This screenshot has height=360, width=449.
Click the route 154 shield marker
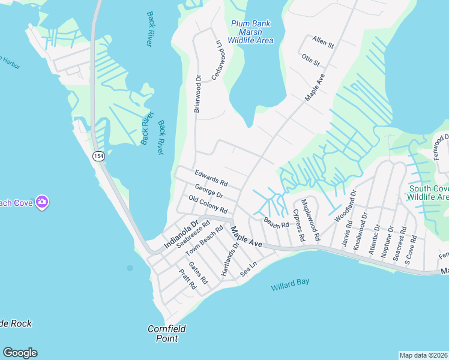point(97,156)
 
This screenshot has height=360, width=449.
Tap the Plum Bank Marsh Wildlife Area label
point(251,32)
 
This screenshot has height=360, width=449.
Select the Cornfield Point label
point(167,333)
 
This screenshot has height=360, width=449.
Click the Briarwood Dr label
point(197,94)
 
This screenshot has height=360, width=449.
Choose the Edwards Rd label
point(211,178)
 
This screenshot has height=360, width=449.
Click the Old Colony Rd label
point(208,205)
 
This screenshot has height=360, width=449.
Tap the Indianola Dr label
point(181,235)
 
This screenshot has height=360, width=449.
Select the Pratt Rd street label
point(188,280)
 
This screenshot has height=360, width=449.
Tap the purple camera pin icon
point(41,202)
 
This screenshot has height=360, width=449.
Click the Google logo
point(20,353)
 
